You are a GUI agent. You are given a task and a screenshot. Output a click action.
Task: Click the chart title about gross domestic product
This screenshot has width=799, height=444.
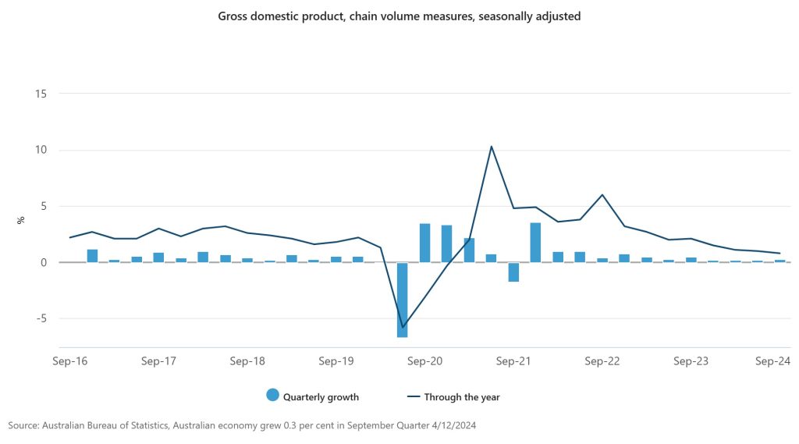click(399, 16)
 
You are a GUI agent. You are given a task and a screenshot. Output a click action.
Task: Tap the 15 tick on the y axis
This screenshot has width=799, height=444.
click(41, 94)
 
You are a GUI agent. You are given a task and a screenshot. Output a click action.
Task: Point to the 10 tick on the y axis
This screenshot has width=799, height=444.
click(41, 150)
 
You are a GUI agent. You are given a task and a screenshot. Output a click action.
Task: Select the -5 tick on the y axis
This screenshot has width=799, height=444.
click(41, 318)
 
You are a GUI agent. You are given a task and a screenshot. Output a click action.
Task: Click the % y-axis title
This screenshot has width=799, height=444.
click(21, 221)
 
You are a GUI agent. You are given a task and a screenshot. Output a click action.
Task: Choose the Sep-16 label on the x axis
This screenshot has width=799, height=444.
click(69, 361)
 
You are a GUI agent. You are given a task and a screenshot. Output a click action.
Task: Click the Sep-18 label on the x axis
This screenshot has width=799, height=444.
click(247, 361)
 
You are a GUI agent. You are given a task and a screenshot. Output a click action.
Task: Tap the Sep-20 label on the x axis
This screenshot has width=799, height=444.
click(425, 361)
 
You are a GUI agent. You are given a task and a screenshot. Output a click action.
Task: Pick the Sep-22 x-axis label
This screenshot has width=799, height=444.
click(602, 361)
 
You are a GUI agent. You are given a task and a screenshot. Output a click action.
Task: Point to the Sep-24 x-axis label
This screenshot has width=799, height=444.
click(773, 361)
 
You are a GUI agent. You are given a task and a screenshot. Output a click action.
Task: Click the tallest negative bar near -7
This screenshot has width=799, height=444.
click(403, 300)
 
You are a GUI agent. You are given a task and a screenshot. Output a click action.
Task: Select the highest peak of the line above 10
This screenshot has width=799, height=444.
click(491, 147)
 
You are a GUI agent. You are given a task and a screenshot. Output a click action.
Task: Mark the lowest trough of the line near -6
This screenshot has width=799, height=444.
click(403, 327)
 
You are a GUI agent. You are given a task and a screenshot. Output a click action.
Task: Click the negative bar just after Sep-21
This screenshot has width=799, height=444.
click(513, 272)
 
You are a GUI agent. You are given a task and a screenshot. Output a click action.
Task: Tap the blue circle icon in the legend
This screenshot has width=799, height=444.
click(272, 396)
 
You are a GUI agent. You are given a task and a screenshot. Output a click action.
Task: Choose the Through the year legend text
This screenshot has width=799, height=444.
click(462, 397)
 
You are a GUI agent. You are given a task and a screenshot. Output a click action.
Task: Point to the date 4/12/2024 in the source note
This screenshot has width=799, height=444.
click(449, 425)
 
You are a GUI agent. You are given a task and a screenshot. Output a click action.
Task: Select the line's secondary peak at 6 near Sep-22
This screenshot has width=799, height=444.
click(602, 195)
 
